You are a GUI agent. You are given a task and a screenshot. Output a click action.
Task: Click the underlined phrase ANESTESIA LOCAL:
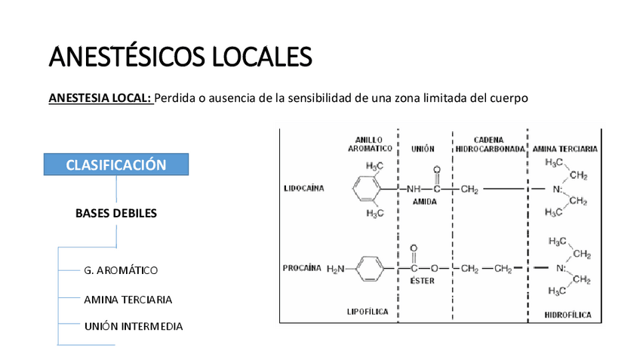100,98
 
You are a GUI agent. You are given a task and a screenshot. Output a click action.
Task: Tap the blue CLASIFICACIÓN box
116,165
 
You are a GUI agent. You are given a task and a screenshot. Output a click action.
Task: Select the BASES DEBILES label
116,213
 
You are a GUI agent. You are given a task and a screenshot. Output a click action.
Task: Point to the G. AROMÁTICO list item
121,269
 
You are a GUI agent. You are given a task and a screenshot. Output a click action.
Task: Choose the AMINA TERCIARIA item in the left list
128,300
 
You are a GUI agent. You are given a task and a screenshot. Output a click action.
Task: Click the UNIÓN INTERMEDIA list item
133,326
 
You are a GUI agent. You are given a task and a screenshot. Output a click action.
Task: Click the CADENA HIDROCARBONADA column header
489,144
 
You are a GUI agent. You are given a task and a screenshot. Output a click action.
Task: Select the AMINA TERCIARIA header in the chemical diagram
565,149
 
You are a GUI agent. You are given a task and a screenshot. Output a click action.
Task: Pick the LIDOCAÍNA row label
303,188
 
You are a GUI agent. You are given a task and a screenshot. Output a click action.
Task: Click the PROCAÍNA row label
302,268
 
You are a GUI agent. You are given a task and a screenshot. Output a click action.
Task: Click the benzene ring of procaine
369,269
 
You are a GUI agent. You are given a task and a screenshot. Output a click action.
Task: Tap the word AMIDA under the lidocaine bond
424,202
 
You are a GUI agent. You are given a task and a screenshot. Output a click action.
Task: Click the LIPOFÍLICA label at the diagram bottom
369,311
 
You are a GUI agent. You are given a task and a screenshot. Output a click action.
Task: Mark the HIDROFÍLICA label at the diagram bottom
568,314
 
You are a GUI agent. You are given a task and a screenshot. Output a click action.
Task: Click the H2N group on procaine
335,269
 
